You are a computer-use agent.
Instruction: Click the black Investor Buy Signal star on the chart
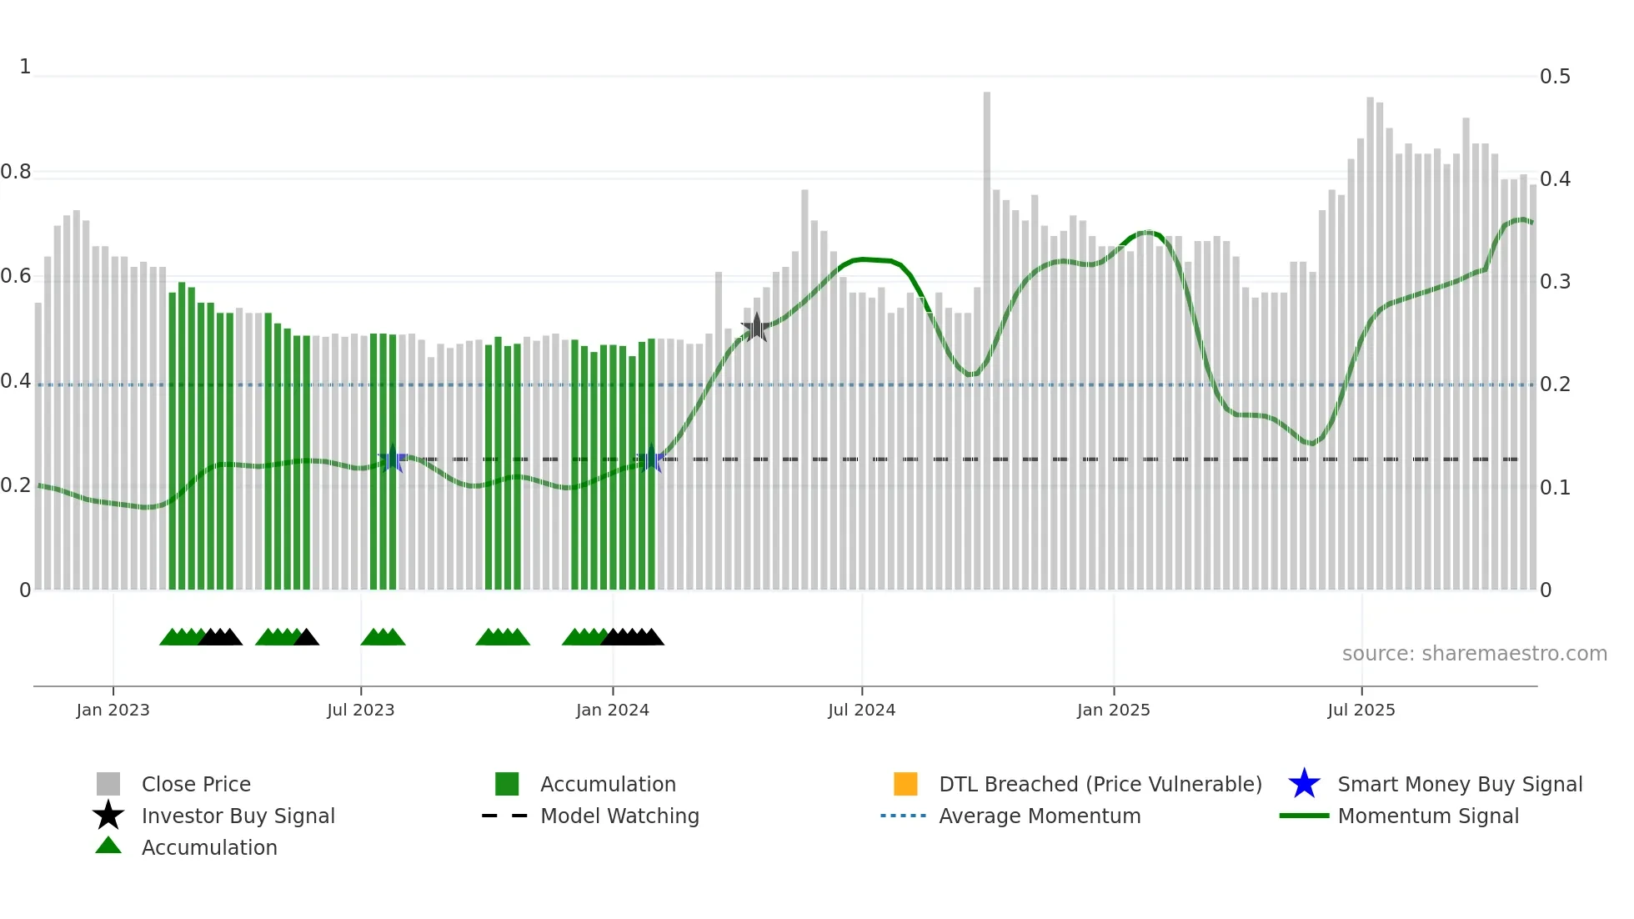pyautogui.click(x=756, y=328)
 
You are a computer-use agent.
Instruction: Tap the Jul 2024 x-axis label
pyautogui.click(x=861, y=710)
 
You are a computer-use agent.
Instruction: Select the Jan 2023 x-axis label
pyautogui.click(x=113, y=710)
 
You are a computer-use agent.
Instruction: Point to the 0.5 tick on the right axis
pyautogui.click(x=1555, y=77)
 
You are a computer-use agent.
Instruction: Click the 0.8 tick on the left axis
pyautogui.click(x=17, y=172)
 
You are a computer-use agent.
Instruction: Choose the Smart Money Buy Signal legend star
pyautogui.click(x=1304, y=784)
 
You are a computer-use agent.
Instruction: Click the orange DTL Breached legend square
pyautogui.click(x=905, y=784)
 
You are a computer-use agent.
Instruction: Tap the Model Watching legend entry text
pyautogui.click(x=619, y=816)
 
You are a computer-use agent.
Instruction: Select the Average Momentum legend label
pyautogui.click(x=1040, y=816)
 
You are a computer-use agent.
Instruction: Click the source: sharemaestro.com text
pyautogui.click(x=1474, y=653)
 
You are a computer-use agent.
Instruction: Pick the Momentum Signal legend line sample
pyautogui.click(x=1304, y=816)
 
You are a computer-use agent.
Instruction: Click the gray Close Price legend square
pyautogui.click(x=108, y=784)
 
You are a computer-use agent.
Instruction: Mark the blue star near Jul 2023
pyautogui.click(x=392, y=459)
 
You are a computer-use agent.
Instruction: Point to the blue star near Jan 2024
pyautogui.click(x=650, y=459)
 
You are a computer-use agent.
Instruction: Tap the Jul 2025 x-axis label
pyautogui.click(x=1361, y=710)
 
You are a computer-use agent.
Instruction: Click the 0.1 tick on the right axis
pyautogui.click(x=1555, y=487)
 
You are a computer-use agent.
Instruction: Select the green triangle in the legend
pyautogui.click(x=108, y=846)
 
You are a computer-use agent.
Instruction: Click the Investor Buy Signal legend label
pyautogui.click(x=238, y=816)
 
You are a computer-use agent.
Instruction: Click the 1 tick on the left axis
pyautogui.click(x=25, y=67)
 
